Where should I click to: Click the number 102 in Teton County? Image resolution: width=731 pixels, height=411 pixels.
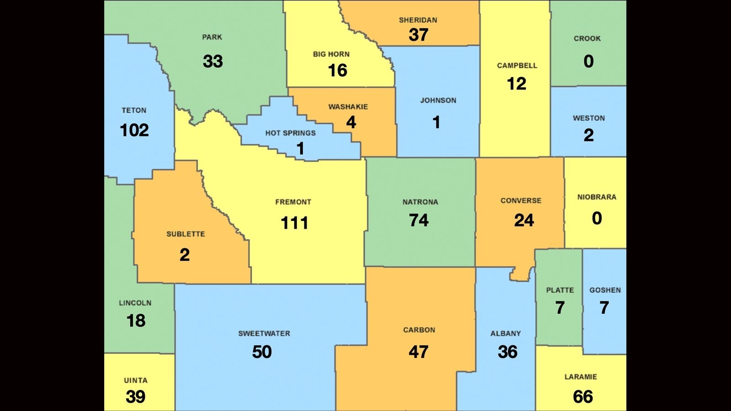click(134, 130)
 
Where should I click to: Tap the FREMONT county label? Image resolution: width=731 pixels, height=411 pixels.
click(293, 202)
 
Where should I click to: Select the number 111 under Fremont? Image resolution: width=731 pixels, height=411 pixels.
click(294, 223)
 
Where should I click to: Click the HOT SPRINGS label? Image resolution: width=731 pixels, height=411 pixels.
click(291, 133)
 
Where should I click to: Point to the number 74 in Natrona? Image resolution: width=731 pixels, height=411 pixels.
click(419, 220)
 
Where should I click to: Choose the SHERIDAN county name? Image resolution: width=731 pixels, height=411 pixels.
click(418, 20)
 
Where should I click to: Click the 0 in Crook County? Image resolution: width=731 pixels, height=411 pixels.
click(588, 61)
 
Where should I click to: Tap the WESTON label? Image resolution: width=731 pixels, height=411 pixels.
click(589, 118)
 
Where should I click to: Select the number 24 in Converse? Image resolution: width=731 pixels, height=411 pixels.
click(524, 220)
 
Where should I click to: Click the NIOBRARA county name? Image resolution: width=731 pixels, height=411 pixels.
click(597, 197)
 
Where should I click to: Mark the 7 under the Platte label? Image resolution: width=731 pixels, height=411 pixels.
click(560, 308)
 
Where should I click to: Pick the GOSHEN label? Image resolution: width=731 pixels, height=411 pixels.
click(605, 290)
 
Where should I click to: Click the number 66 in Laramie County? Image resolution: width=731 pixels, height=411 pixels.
click(583, 396)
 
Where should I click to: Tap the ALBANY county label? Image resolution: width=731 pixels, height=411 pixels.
click(506, 333)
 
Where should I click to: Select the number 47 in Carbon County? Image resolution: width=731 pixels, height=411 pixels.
click(418, 352)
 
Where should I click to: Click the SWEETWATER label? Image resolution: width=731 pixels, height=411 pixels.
click(264, 333)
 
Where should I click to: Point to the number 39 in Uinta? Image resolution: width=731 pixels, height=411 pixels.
click(135, 396)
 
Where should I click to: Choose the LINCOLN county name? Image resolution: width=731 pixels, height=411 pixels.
click(135, 303)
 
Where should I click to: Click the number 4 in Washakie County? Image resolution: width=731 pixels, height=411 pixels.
click(351, 122)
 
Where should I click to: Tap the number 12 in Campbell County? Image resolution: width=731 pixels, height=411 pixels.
click(517, 84)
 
